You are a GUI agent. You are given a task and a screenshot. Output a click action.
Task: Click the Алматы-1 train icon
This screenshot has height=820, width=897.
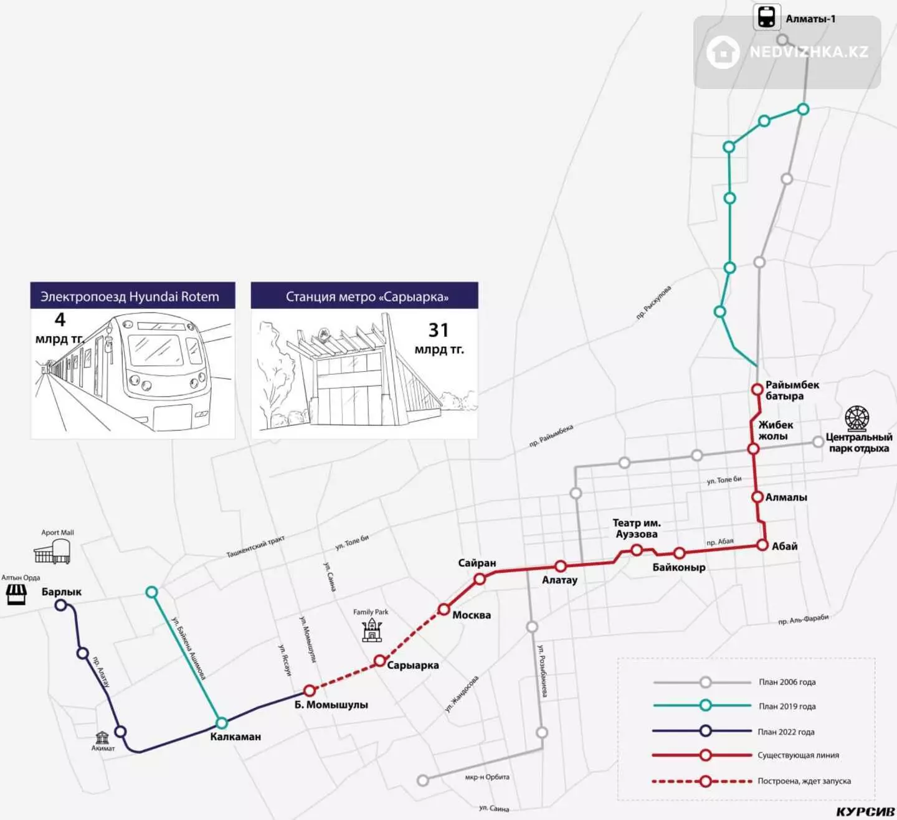[x=767, y=17]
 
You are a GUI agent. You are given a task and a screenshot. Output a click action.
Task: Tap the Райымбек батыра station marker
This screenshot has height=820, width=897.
[x=757, y=389]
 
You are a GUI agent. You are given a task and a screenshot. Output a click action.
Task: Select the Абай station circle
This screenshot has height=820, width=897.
[x=762, y=545]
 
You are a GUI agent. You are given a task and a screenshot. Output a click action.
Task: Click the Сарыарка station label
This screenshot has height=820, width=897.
[x=413, y=666]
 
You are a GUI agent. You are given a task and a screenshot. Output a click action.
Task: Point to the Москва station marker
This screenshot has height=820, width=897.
[x=443, y=610]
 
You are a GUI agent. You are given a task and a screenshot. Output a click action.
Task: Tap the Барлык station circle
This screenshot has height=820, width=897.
[x=61, y=605]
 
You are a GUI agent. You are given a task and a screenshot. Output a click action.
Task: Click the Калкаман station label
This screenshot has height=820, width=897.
[x=235, y=737]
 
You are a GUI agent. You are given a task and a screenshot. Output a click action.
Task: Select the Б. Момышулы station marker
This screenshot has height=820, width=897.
[x=309, y=690]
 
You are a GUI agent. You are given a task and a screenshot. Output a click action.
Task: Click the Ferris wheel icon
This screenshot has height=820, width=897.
[x=857, y=418]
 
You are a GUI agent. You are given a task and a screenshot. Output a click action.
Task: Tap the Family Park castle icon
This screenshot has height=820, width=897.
[x=372, y=631]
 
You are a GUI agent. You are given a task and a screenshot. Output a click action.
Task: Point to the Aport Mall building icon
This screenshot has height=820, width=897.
[x=52, y=551]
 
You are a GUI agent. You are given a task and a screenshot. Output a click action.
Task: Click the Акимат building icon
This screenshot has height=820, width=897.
[x=102, y=738]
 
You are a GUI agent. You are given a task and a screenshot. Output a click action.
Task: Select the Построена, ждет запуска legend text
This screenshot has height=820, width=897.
[x=804, y=781]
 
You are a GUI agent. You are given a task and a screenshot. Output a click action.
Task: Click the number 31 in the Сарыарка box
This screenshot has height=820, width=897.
[x=438, y=331]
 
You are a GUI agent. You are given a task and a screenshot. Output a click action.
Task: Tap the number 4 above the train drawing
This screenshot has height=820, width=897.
[x=60, y=319]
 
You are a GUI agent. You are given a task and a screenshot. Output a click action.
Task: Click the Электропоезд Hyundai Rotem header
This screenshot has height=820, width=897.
[x=130, y=297]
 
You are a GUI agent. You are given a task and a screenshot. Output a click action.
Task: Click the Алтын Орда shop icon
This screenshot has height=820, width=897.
[x=16, y=595]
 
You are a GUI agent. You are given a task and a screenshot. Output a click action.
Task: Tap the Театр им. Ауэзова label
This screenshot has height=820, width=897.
[x=636, y=529]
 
